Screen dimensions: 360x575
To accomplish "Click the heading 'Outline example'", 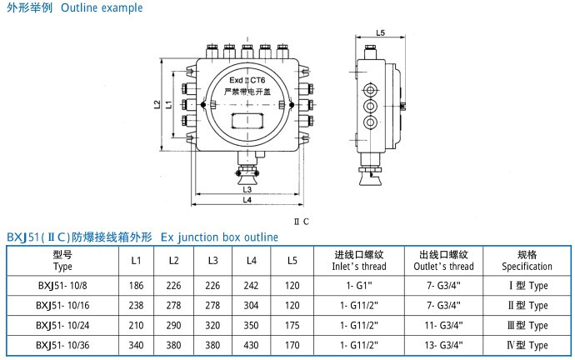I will point(102,8).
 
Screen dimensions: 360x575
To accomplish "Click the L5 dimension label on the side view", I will point(380,33).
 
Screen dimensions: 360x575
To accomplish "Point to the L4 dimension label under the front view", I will point(247,201).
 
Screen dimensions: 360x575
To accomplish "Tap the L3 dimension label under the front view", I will point(247,190).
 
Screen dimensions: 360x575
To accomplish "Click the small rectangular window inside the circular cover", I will point(247,118).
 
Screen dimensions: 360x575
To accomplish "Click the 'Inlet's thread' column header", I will point(360,267).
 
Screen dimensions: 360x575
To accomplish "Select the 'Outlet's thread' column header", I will point(444,267).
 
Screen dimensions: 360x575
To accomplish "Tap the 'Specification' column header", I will point(527,267).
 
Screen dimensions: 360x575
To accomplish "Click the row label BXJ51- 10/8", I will point(62,285).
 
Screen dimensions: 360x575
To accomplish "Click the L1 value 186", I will point(136,285).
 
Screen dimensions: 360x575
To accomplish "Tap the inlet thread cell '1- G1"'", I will point(360,285).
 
